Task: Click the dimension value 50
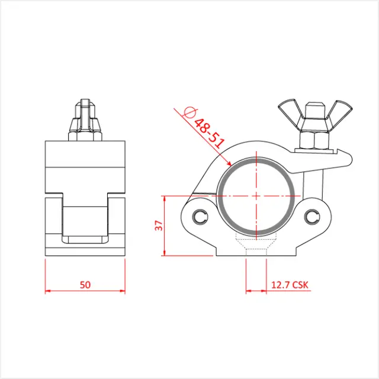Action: click(x=85, y=284)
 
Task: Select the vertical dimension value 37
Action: click(x=158, y=226)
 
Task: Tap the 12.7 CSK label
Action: click(x=290, y=284)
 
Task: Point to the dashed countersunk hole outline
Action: click(x=255, y=243)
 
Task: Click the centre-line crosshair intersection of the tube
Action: click(x=255, y=195)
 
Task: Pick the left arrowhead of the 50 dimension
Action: click(x=47, y=291)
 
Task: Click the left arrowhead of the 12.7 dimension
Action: click(x=248, y=291)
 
